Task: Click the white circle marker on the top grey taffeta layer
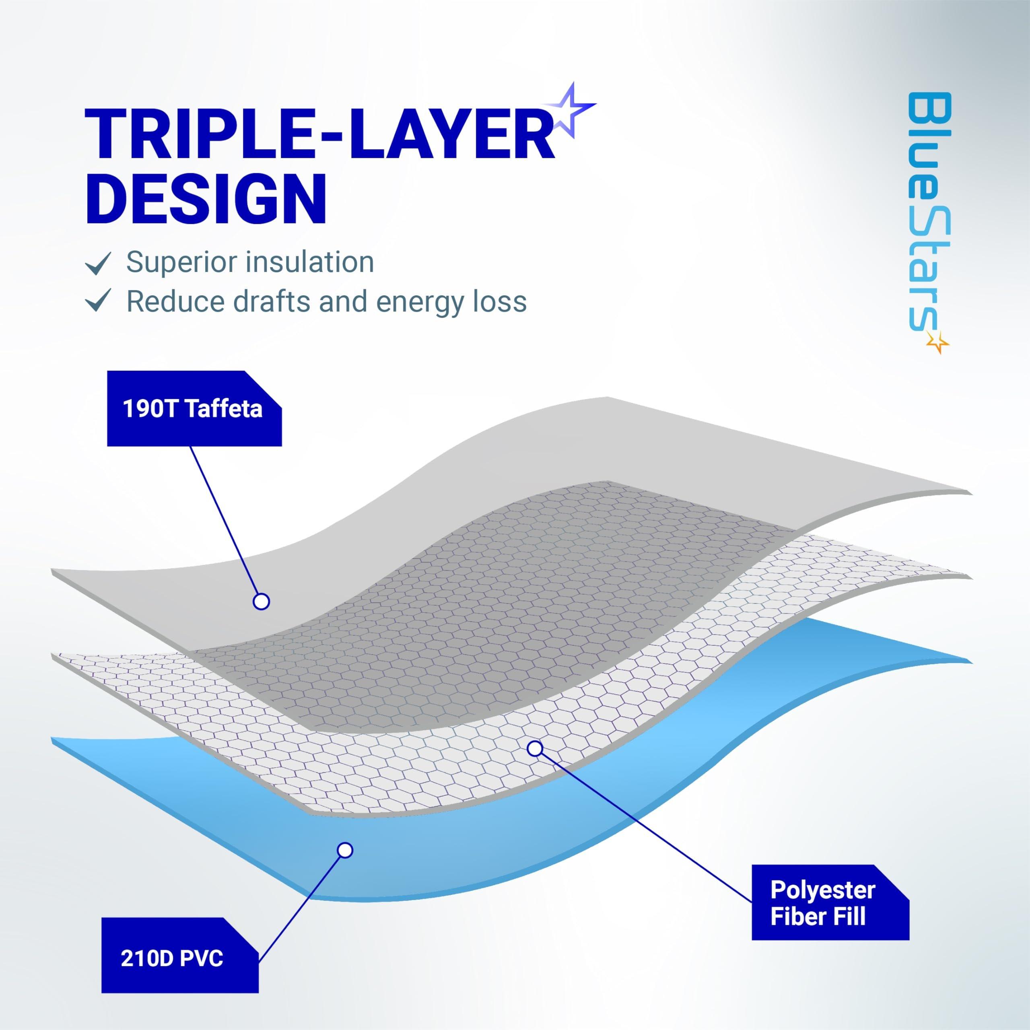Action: pos(261,602)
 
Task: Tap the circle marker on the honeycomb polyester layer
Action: pos(535,748)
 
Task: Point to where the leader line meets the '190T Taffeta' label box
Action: pos(190,446)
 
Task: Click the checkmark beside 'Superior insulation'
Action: pos(98,263)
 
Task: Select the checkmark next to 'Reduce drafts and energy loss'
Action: pos(98,300)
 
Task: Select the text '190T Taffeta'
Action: pos(192,409)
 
